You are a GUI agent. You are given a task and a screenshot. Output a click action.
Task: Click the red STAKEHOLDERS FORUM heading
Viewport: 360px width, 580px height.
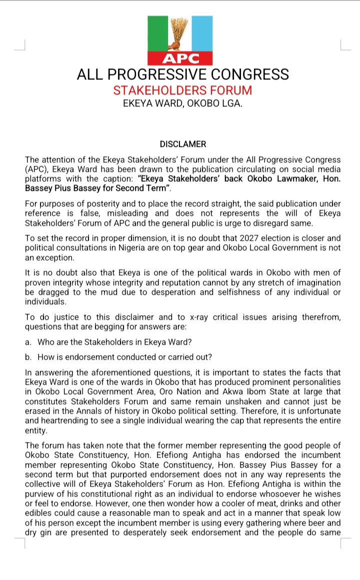(x=182, y=90)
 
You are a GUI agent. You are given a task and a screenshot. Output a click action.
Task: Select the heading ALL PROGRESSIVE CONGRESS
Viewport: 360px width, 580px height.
(x=182, y=74)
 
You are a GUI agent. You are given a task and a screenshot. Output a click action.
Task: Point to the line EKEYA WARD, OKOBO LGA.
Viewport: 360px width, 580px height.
(x=182, y=104)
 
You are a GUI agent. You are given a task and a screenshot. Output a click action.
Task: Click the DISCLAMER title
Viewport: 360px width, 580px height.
(x=182, y=144)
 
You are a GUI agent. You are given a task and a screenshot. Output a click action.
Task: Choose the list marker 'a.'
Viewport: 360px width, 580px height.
(x=28, y=342)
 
